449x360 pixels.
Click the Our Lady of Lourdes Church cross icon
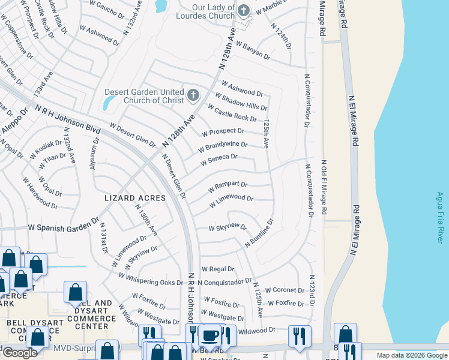coord(244,10)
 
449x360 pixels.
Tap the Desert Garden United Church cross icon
coord(193,95)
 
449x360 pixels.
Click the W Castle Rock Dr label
coord(232,113)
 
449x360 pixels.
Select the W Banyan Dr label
coord(253,50)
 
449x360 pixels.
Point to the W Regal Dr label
coord(217,269)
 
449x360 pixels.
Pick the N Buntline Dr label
coord(259,233)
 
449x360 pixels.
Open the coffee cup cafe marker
coord(209,337)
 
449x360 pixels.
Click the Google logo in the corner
coord(20,353)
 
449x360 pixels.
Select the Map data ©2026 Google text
coord(411,355)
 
